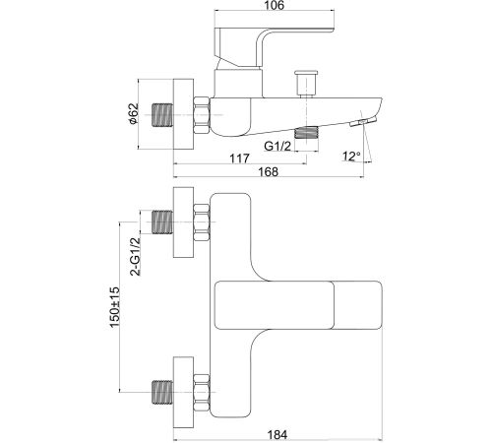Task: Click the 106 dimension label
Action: tap(275, 5)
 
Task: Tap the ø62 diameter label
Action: tap(134, 114)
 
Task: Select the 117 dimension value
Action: tap(239, 158)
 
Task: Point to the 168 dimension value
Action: tap(269, 171)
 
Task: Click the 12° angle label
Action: tap(351, 157)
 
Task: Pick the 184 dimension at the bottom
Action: tap(277, 435)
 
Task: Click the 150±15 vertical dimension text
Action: tap(115, 307)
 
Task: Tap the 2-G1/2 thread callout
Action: tap(135, 256)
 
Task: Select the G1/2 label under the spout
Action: tap(277, 146)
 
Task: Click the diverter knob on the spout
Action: tap(306, 83)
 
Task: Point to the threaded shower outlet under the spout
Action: tap(307, 132)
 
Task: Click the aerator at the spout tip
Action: tap(363, 122)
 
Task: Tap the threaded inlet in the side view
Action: tap(162, 115)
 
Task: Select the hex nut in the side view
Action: tap(202, 115)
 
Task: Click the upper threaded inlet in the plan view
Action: tap(162, 222)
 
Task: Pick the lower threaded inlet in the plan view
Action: tap(162, 392)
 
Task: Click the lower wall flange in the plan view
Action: tap(183, 392)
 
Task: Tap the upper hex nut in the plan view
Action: tap(202, 222)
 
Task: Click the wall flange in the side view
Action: tap(183, 114)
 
